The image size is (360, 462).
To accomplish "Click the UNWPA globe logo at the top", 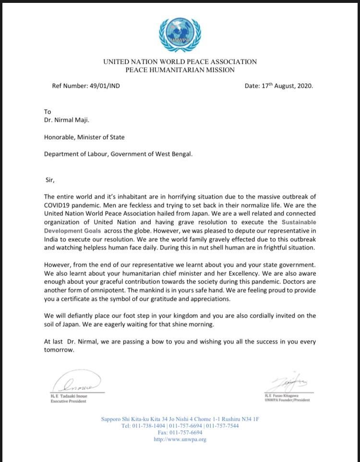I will pos(180,34).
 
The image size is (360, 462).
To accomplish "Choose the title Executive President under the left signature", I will pos(68,401).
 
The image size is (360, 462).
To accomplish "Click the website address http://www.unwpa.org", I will pos(180,439).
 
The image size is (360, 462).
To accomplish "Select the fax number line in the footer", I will pos(180,432).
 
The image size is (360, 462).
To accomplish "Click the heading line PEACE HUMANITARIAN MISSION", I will pos(180,70).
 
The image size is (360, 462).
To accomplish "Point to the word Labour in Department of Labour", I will pos(98,154).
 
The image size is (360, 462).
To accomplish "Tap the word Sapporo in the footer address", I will pos(112,419).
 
